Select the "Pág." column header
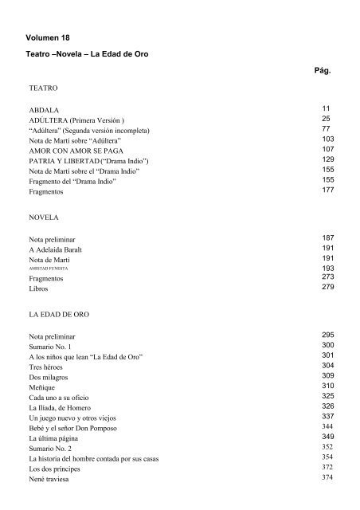[x=323, y=71]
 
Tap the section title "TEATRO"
[x=42, y=83]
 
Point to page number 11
[x=326, y=107]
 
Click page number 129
[x=327, y=159]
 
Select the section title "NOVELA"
[x=44, y=217]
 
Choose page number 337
[x=327, y=417]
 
